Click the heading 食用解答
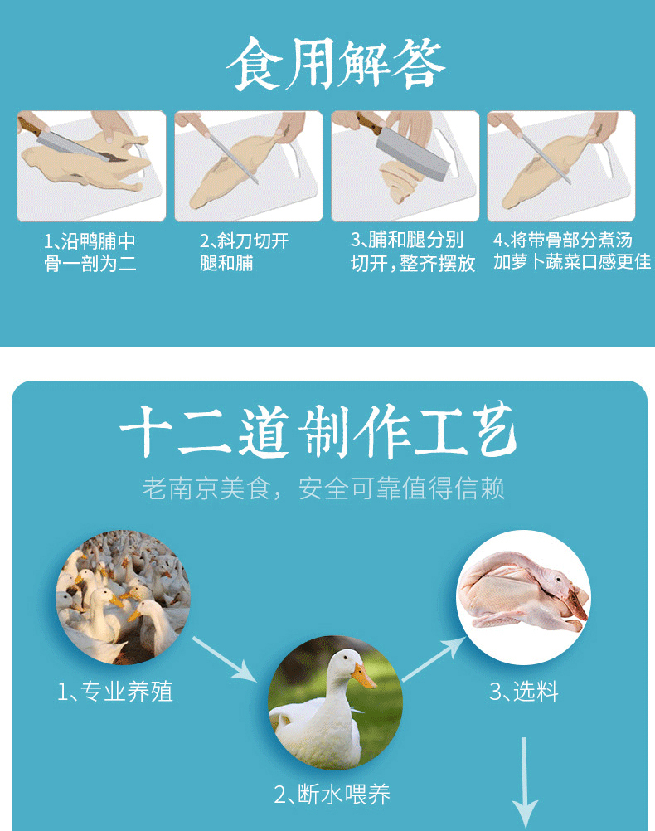[x=336, y=64]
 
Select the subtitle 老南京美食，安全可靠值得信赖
[x=323, y=488]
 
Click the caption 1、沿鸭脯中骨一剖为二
[x=90, y=252]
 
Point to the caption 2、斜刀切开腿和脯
[x=245, y=252]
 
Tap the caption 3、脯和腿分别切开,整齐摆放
[x=413, y=251]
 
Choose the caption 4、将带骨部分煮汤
[x=563, y=240]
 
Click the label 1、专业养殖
[x=115, y=692]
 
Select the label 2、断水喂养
[x=332, y=794]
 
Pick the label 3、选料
[x=523, y=692]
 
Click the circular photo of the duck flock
[x=123, y=597]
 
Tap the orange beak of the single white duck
[x=362, y=676]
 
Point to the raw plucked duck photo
[x=523, y=597]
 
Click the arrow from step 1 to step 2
[x=224, y=658]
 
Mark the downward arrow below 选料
[x=524, y=783]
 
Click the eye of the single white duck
[x=346, y=658]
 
